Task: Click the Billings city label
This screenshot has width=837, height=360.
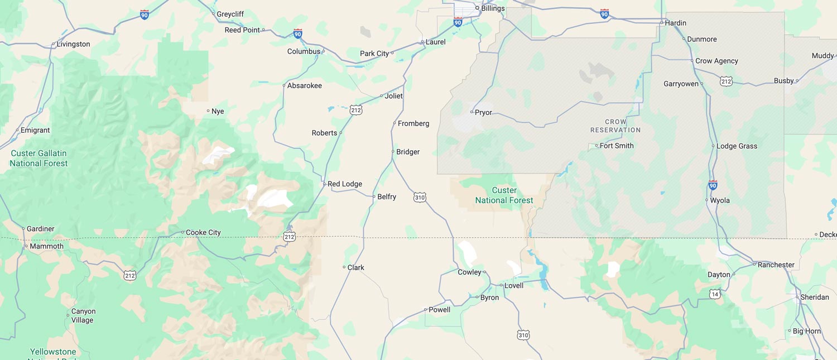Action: coord(493,8)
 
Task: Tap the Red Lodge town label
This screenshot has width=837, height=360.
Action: coord(344,184)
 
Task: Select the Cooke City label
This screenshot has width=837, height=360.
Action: coord(203,233)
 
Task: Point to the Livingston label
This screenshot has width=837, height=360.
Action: coord(73,44)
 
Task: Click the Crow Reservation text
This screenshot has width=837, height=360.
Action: coord(615,126)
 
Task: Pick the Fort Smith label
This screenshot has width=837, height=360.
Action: coord(617,146)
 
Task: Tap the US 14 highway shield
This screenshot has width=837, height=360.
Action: coord(715,294)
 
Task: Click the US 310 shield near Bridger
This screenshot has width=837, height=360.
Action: coord(420,197)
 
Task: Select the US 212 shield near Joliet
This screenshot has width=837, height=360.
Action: coord(356,110)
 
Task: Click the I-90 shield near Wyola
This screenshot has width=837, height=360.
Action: coord(713,185)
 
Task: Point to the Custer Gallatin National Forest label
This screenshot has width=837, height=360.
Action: coord(39,159)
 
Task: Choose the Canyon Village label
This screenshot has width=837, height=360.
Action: coord(83,316)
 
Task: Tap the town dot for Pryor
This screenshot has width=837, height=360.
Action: coord(472,112)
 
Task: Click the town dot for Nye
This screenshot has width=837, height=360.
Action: coord(208,111)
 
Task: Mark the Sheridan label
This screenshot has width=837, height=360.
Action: coord(815,297)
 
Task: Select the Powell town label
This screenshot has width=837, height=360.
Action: coord(439,310)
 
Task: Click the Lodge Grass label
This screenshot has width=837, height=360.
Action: coord(737,146)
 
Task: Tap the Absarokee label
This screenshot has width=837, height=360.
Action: coord(304,85)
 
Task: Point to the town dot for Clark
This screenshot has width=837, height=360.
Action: coord(344,267)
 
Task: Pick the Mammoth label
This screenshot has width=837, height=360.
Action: coord(46,246)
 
